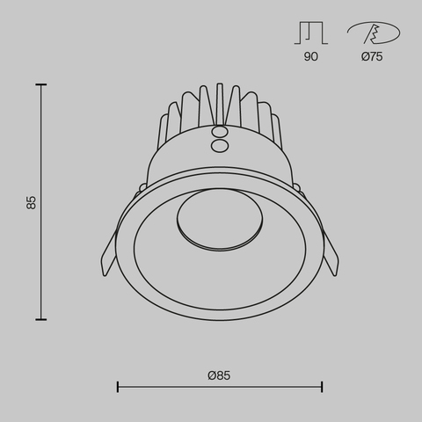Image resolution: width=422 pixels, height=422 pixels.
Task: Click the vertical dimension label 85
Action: (32, 202)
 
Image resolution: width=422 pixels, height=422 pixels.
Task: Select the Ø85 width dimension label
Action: (219, 375)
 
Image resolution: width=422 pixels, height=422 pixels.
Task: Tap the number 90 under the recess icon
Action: (311, 56)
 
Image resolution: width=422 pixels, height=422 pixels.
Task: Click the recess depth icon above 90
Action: (311, 33)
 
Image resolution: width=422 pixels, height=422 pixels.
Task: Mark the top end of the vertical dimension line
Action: (41, 84)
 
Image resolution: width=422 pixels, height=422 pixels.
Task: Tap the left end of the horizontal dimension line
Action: (118, 386)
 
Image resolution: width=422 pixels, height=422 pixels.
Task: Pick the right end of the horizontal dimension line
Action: (322, 386)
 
